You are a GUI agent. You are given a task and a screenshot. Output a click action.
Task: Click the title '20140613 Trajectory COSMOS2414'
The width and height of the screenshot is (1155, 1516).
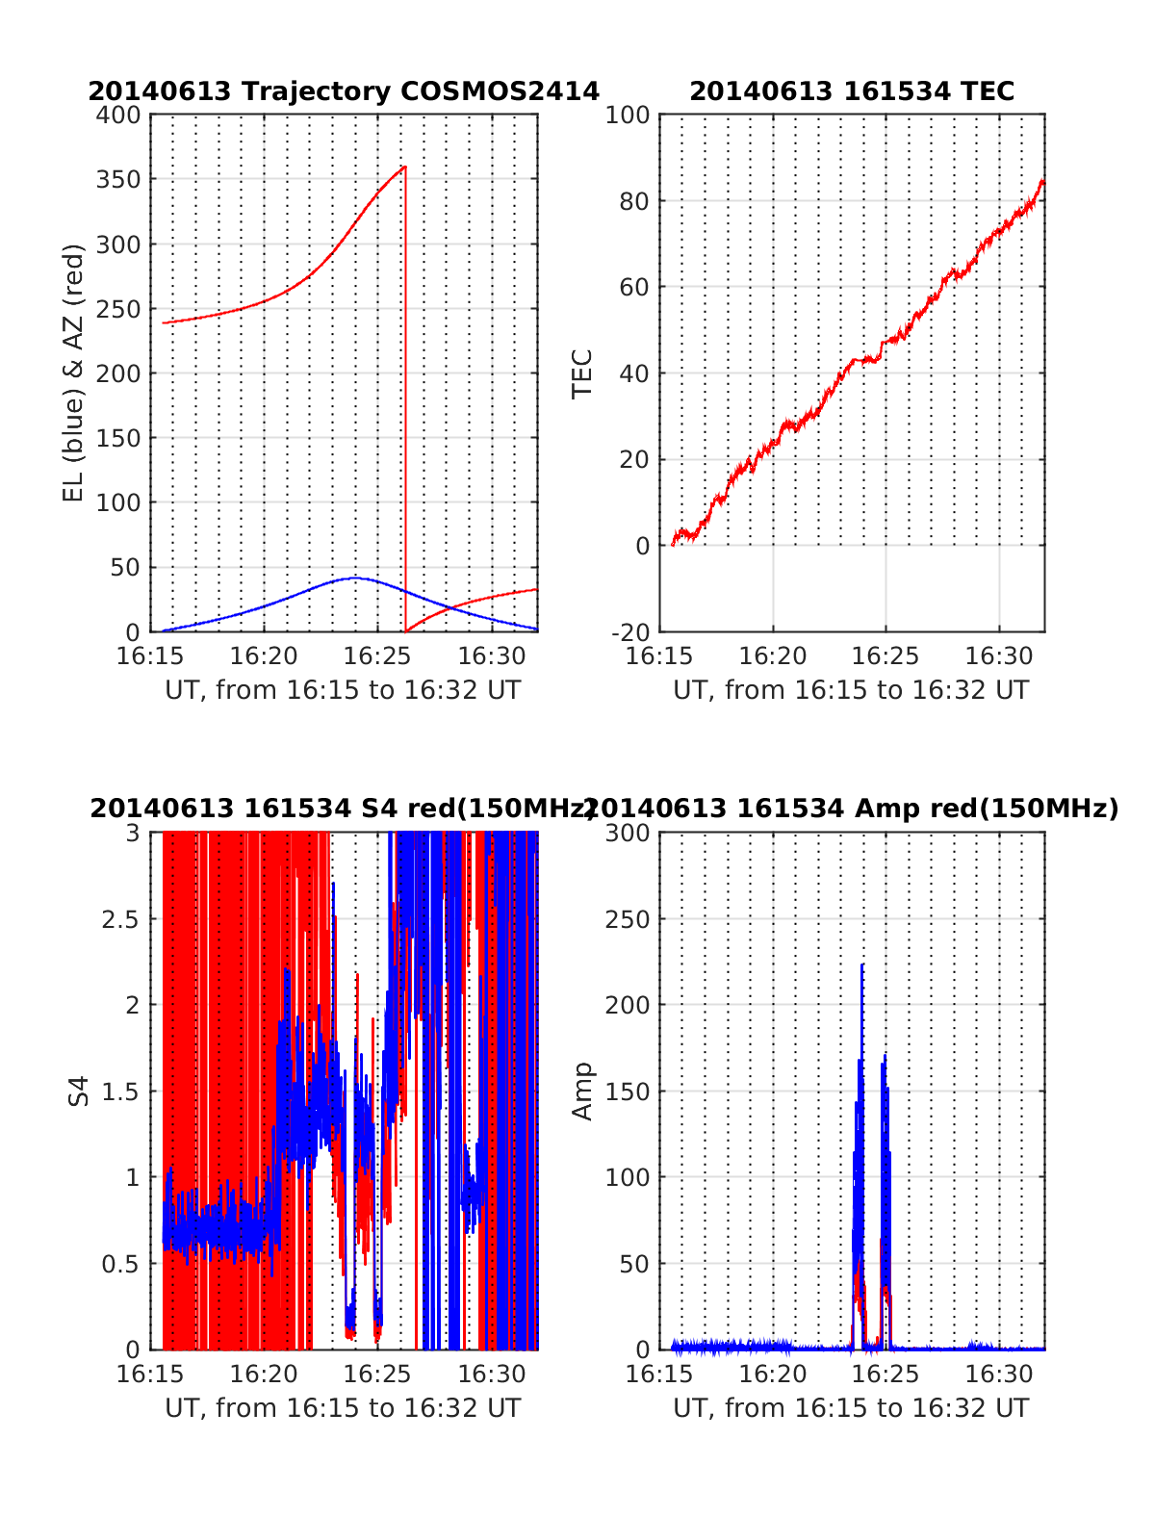click(344, 91)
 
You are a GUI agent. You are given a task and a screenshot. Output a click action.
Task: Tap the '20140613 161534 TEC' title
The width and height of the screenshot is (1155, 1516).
click(852, 91)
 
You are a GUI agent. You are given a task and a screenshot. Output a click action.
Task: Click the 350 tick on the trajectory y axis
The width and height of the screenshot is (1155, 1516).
click(118, 180)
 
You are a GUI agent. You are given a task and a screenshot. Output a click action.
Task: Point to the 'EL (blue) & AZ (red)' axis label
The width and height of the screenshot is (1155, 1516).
click(74, 373)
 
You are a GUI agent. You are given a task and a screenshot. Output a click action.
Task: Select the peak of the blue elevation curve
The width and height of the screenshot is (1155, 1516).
click(354, 578)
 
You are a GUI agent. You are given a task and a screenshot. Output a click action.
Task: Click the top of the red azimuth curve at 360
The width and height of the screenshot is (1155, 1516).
click(404, 167)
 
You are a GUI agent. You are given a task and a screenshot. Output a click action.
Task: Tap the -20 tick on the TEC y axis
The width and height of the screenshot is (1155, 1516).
click(630, 631)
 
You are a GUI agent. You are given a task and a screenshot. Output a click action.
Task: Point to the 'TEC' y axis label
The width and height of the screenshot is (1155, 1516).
click(582, 373)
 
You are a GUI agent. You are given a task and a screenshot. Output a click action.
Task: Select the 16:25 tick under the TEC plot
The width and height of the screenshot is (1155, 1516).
click(885, 656)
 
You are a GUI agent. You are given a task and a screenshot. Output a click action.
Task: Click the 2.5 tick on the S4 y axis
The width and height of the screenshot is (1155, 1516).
click(120, 919)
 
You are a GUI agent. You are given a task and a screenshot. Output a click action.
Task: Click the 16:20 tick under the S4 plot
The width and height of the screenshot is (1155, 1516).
click(264, 1374)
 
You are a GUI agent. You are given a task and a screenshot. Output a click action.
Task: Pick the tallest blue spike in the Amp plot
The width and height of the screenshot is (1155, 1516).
click(862, 964)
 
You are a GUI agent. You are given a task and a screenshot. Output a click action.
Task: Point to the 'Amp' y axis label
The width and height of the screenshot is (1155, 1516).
click(582, 1091)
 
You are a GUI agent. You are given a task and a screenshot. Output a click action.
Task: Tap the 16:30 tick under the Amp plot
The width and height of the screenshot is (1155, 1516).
click(999, 1374)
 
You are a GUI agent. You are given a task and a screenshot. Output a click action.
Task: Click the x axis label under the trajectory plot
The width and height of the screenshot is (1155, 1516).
click(343, 690)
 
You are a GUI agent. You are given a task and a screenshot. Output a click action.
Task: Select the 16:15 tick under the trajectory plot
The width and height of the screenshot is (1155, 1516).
click(150, 656)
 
